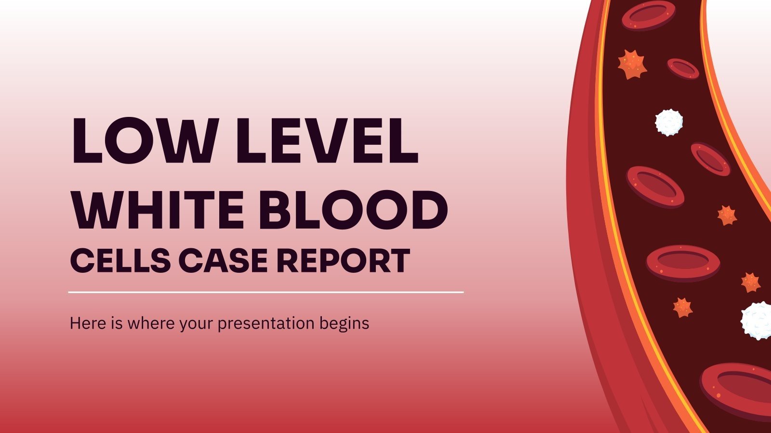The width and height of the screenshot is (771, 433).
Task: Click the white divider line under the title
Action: [266, 292]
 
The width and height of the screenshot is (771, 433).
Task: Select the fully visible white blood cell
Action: [669, 122]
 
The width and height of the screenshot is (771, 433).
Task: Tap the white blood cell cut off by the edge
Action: [757, 320]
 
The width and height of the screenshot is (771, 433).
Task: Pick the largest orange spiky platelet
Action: [632, 64]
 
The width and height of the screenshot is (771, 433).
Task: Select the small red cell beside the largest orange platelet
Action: [683, 69]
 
